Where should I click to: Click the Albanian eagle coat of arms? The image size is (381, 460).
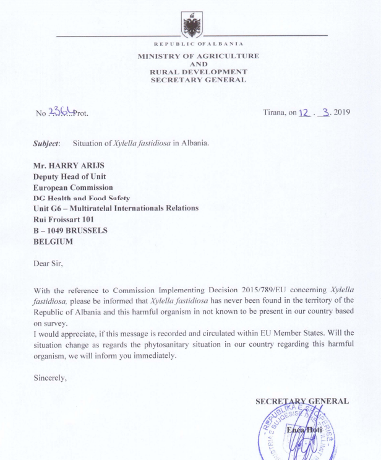(x=191, y=25)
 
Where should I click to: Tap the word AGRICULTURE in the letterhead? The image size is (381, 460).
(x=230, y=56)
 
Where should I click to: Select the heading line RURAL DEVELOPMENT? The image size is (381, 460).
(x=198, y=72)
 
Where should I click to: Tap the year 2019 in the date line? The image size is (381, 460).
(x=342, y=113)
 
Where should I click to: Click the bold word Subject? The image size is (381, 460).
(x=46, y=143)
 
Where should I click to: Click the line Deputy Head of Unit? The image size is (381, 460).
(x=69, y=176)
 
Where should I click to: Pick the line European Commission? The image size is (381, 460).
(x=73, y=187)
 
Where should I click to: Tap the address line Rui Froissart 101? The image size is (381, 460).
(x=67, y=219)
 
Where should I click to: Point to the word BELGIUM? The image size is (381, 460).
(x=53, y=241)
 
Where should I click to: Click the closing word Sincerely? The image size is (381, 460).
(x=49, y=377)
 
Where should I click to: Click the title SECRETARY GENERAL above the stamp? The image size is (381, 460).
(x=302, y=401)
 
